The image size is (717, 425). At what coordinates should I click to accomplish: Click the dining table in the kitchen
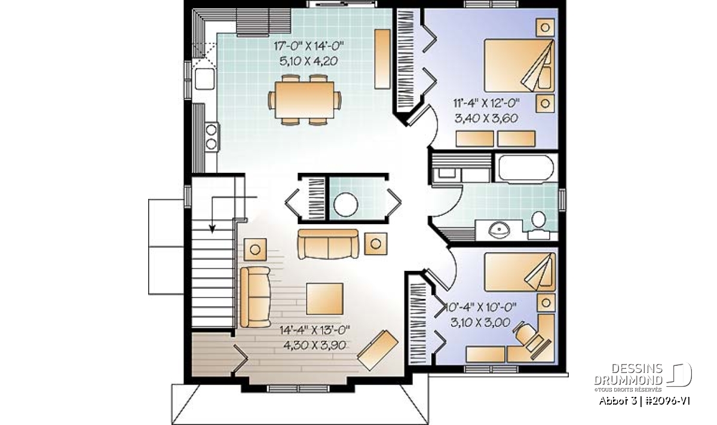(x=304, y=100)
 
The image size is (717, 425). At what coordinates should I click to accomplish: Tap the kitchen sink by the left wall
(x=204, y=78)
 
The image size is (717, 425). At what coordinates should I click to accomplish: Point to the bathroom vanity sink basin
(x=500, y=230)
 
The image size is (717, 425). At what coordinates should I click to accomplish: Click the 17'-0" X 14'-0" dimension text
(x=308, y=46)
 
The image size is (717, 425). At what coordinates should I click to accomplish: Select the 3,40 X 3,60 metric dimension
(x=486, y=118)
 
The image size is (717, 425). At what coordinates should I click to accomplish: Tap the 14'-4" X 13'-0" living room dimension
(x=315, y=330)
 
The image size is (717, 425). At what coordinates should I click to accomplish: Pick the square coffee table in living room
(x=324, y=299)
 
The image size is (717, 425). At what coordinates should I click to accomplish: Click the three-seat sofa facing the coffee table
(x=328, y=244)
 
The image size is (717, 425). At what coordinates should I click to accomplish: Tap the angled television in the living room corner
(x=378, y=350)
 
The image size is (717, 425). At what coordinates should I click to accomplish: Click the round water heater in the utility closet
(x=346, y=204)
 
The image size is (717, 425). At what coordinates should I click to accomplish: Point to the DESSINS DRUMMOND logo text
(x=628, y=374)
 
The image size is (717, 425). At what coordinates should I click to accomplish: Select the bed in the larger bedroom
(x=519, y=66)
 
